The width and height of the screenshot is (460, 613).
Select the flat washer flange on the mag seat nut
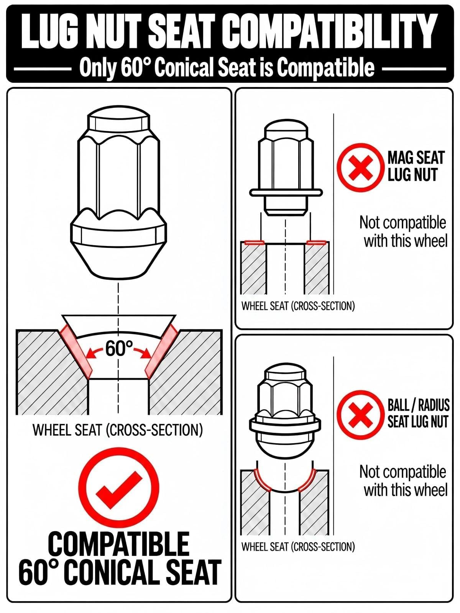286,192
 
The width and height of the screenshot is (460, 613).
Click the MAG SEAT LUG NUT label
415,167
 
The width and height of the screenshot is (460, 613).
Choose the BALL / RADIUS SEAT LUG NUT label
418,413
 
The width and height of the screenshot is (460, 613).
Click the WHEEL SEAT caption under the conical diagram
118,430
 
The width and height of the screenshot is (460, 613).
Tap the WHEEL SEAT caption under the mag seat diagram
298,306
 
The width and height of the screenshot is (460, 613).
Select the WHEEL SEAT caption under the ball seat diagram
298,547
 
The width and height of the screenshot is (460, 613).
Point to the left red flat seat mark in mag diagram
255,242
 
